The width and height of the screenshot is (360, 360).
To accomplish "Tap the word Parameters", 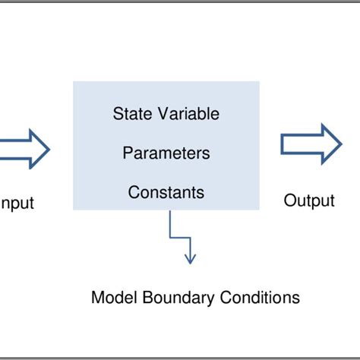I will (166, 153).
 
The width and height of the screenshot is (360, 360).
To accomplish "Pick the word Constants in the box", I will (166, 192).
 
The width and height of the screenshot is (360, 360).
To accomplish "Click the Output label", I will (309, 201).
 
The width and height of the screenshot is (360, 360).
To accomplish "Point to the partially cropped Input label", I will (17, 203).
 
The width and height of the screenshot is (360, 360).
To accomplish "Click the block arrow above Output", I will (311, 144).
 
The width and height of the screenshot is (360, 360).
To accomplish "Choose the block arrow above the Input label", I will (23, 147).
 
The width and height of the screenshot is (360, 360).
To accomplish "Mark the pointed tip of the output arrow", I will (341, 144).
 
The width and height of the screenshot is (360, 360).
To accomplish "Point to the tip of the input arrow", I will (49, 147).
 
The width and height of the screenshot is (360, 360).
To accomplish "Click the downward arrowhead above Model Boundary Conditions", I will (190, 258).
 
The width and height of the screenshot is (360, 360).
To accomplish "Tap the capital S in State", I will (118, 115).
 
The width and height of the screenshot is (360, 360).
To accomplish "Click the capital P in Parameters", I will (127, 153).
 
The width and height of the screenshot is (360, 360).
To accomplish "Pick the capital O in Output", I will (289, 201).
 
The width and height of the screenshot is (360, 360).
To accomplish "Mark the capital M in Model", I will (96, 297).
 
